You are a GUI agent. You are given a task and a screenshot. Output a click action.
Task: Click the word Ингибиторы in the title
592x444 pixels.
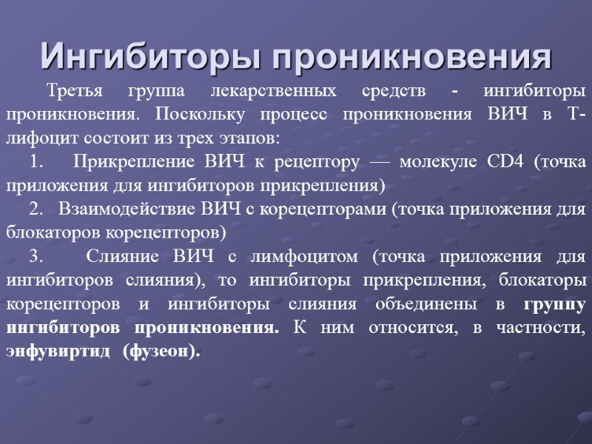pyautogui.click(x=147, y=56)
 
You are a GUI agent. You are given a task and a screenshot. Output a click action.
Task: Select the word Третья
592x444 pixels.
pyautogui.click(x=76, y=92)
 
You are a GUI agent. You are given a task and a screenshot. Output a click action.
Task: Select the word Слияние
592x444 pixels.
pyautogui.click(x=122, y=256)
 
